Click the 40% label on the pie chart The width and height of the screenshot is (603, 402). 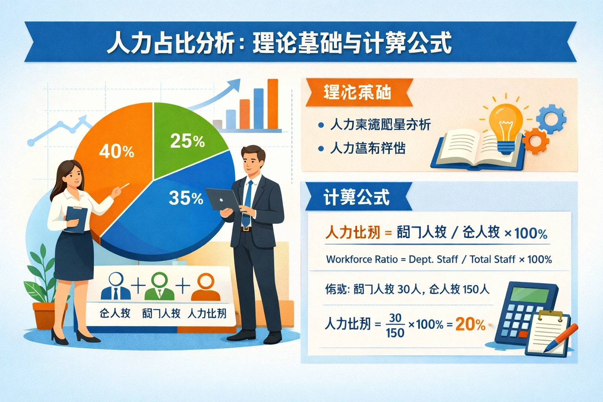point(117,151)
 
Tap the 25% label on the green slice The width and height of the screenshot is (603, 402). point(187,141)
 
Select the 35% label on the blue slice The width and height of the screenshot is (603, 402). point(186,198)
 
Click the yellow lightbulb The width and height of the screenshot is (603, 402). point(506,124)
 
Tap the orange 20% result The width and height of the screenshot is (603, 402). point(470,324)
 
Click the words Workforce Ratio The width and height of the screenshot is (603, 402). point(362,259)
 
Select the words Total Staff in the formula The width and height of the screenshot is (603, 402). point(492,259)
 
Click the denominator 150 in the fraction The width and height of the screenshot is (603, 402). point(395,333)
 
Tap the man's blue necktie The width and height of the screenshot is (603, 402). point(247,204)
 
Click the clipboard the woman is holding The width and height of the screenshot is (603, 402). point(77,219)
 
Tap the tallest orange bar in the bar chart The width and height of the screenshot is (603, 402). point(273,104)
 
